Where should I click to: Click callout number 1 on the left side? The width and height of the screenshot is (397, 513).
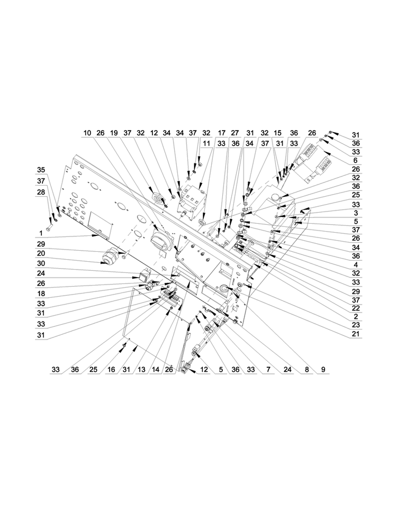pyautogui.click(x=41, y=233)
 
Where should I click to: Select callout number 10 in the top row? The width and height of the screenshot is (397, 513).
pyautogui.click(x=87, y=133)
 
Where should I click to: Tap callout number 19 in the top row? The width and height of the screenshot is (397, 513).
pyautogui.click(x=113, y=133)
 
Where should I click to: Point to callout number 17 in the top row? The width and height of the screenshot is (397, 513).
pyautogui.click(x=221, y=133)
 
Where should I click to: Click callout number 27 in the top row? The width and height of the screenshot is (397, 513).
pyautogui.click(x=235, y=133)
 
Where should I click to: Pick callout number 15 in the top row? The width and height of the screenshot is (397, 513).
pyautogui.click(x=277, y=133)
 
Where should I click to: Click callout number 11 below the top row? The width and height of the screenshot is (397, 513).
pyautogui.click(x=206, y=143)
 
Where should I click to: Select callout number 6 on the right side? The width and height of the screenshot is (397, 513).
pyautogui.click(x=355, y=160)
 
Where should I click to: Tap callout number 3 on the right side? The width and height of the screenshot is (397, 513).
pyautogui.click(x=355, y=213)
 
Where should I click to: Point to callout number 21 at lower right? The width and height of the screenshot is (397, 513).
pyautogui.click(x=355, y=334)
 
